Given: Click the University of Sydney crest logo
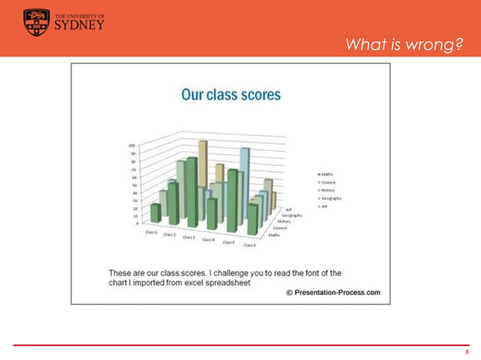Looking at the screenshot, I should pos(36,22).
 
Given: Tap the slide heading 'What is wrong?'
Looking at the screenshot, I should pos(403,47).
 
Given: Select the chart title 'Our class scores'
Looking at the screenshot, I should pos(231,96).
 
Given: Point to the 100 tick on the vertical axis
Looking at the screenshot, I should pos(131,145).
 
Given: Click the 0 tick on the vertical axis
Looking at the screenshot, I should pos(134,224).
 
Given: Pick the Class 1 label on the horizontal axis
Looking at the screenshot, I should pos(152,233).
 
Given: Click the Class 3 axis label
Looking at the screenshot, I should pos(188,238).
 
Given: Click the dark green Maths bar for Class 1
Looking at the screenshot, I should pos(155,213).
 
